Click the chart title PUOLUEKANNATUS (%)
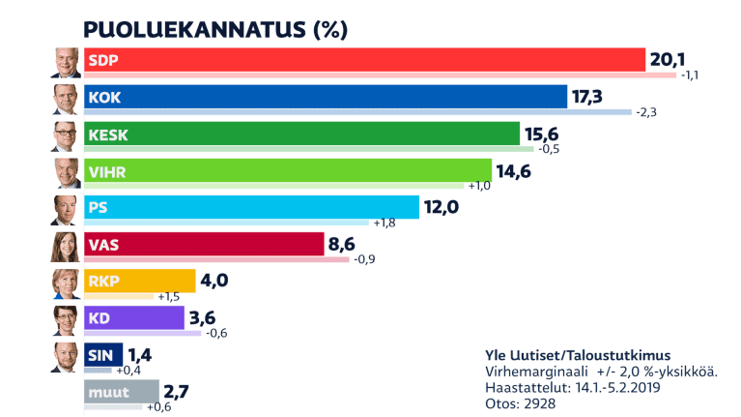(214, 29)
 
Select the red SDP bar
(363, 60)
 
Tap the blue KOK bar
(325, 97)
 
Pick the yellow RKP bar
(139, 283)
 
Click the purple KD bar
(133, 318)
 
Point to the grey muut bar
(122, 392)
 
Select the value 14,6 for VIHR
(516, 171)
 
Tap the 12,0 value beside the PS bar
(443, 208)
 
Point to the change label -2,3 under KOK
(646, 112)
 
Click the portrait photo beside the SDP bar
(66, 62)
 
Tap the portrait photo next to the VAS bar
(66, 247)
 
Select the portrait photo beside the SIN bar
(66, 357)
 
